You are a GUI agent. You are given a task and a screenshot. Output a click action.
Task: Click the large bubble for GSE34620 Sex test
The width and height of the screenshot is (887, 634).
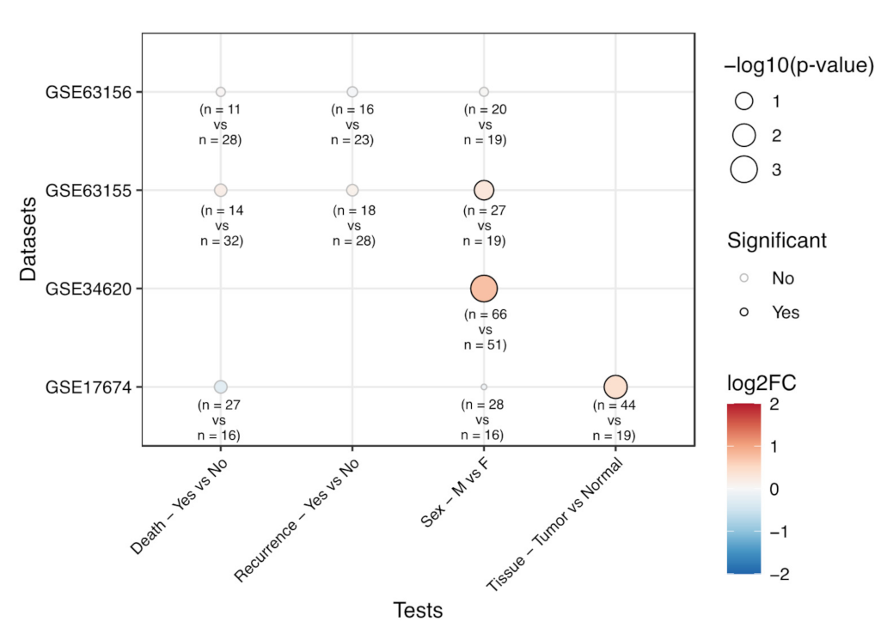[484, 289]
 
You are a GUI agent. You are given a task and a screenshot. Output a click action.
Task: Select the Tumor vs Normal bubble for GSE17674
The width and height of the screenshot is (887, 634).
[615, 387]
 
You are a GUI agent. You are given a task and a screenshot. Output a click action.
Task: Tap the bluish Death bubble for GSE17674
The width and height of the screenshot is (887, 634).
[221, 387]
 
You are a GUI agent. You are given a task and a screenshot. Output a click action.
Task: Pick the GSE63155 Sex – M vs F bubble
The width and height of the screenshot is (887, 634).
[484, 190]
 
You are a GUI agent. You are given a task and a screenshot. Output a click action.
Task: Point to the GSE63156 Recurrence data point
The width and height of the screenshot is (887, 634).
[352, 92]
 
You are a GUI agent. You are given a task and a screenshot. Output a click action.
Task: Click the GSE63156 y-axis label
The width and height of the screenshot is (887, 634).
[82, 92]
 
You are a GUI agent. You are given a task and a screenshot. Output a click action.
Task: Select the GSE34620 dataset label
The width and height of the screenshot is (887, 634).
[82, 289]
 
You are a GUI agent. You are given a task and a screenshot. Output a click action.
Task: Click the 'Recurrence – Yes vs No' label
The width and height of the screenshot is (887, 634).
[297, 520]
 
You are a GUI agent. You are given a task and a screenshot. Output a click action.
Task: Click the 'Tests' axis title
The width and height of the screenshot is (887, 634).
[418, 611]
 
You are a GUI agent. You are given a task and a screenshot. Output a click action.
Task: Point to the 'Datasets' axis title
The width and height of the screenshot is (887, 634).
[29, 239]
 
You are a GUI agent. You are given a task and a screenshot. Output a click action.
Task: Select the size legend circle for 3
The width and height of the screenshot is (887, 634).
[744, 170]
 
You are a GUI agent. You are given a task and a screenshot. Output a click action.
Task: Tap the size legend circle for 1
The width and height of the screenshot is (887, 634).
[744, 101]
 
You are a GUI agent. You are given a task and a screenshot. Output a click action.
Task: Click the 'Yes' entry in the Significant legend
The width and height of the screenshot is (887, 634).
[785, 313]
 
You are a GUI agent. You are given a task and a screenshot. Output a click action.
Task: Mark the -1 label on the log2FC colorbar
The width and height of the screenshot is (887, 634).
[776, 533]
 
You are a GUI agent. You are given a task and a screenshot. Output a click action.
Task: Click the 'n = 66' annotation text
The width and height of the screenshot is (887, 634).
[485, 314]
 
